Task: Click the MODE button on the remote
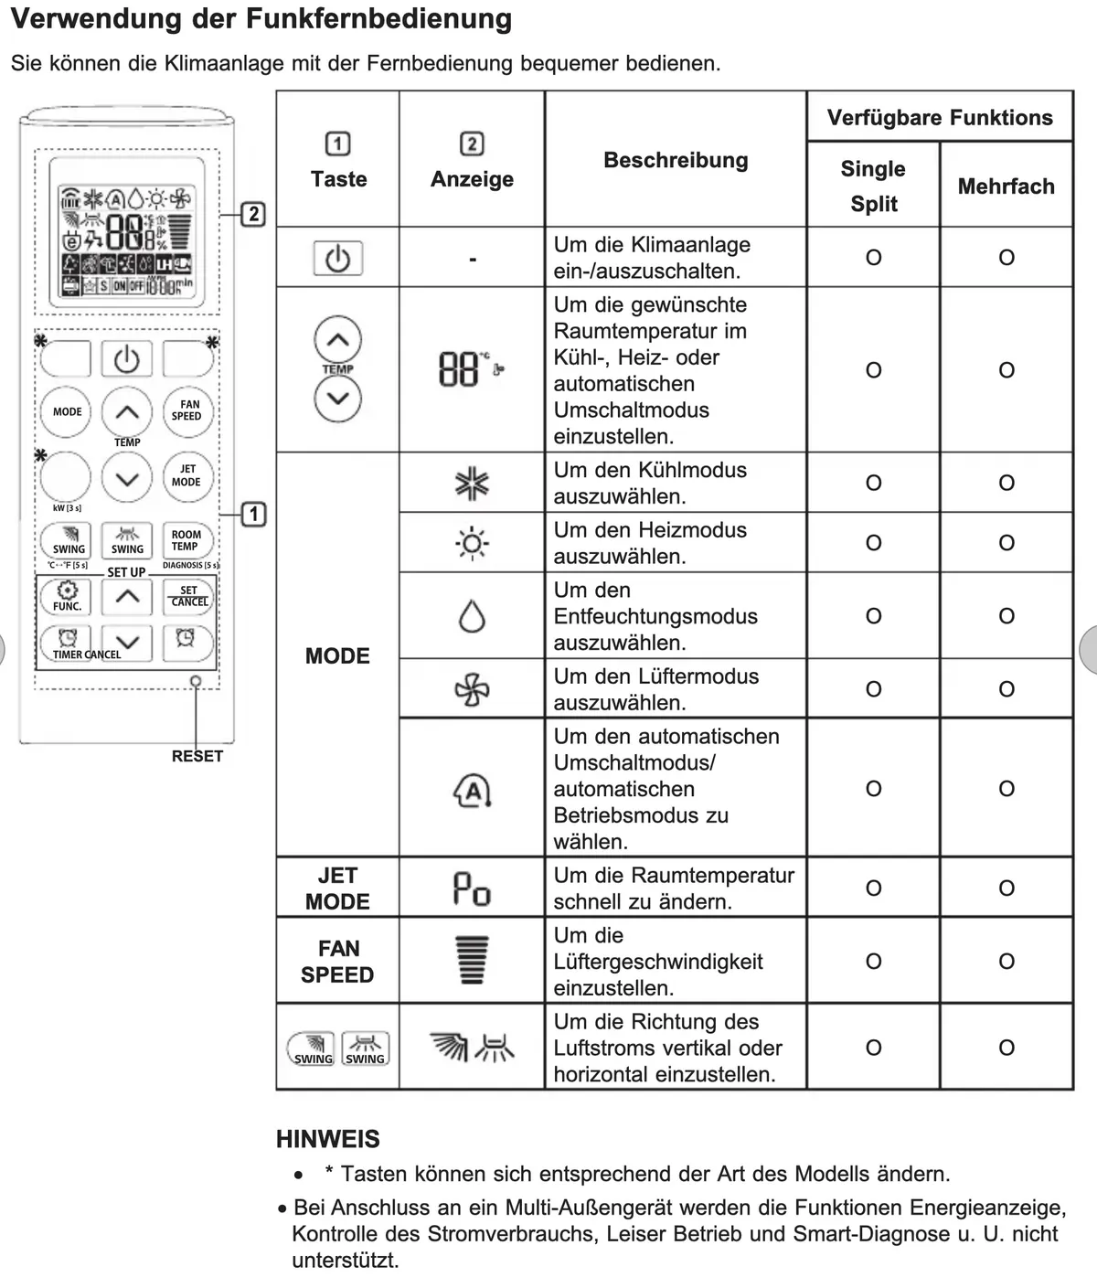click(x=67, y=412)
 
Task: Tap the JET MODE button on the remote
click(x=186, y=475)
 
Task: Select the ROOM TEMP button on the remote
click(x=186, y=541)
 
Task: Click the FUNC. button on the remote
click(x=67, y=597)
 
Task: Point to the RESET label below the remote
click(x=197, y=756)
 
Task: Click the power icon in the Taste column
click(x=337, y=259)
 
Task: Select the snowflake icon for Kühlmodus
click(x=472, y=484)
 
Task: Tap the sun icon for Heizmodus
click(x=472, y=543)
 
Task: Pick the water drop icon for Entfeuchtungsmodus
click(x=472, y=617)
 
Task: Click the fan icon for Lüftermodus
click(x=472, y=689)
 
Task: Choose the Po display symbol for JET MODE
click(x=472, y=889)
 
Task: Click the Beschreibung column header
click(x=676, y=160)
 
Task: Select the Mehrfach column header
click(x=1006, y=186)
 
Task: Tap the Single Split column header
click(x=873, y=186)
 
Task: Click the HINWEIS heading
click(x=327, y=1139)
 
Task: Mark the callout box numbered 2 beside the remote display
click(x=253, y=215)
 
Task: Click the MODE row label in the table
click(x=337, y=655)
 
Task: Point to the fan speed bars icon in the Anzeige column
click(x=473, y=961)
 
